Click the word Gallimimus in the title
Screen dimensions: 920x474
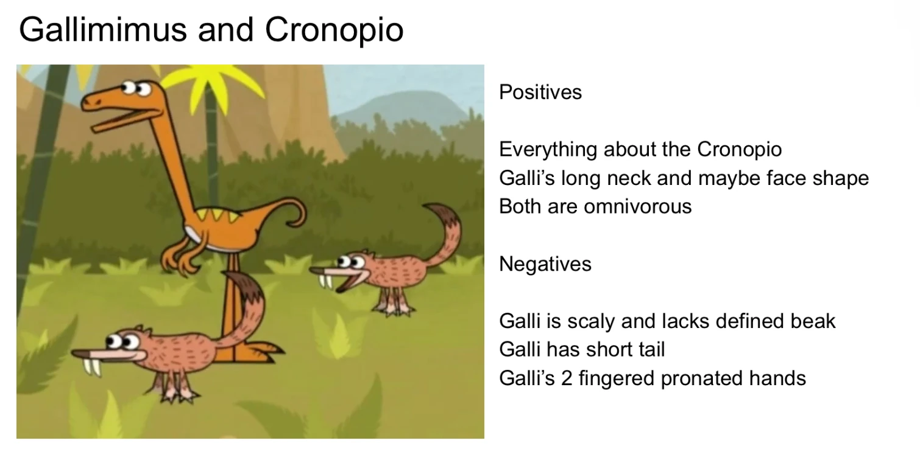(x=103, y=30)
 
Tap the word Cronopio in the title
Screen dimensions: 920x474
(x=334, y=30)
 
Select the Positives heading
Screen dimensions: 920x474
(x=540, y=92)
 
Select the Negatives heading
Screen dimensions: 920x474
(x=545, y=263)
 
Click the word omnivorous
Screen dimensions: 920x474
(x=638, y=206)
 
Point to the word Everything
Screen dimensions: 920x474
(x=548, y=150)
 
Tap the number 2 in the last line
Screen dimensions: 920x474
(x=567, y=378)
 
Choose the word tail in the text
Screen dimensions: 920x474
(x=650, y=349)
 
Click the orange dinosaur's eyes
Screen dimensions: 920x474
(x=135, y=88)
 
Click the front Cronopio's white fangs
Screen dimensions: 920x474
(x=92, y=368)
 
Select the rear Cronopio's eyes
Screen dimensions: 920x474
(x=350, y=261)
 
